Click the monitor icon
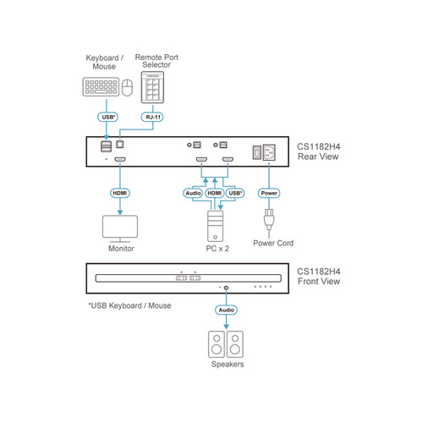119,228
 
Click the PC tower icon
215,226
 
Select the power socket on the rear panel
268,154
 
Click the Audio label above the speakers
226,310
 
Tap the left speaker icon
216,344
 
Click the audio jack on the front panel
226,288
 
